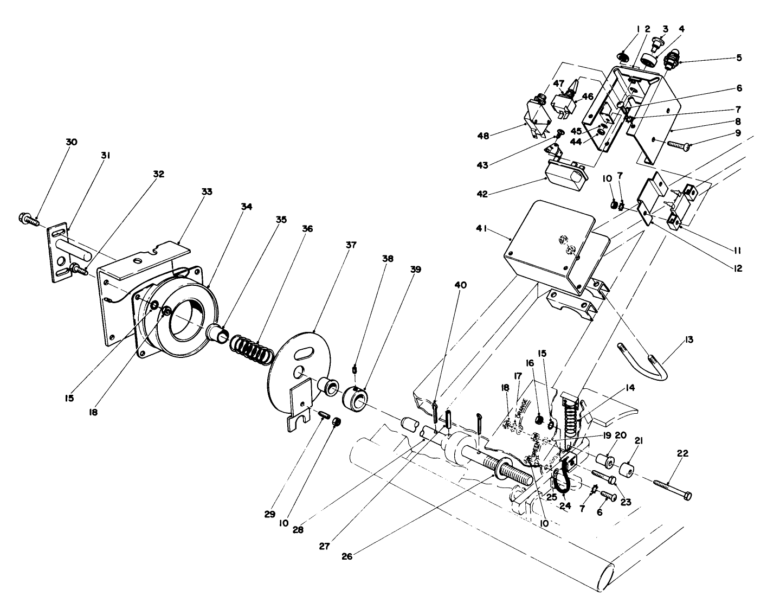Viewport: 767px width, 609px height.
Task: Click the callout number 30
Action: point(71,142)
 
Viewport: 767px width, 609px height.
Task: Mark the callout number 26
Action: point(347,556)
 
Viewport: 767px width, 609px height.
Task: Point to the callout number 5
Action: point(739,57)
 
